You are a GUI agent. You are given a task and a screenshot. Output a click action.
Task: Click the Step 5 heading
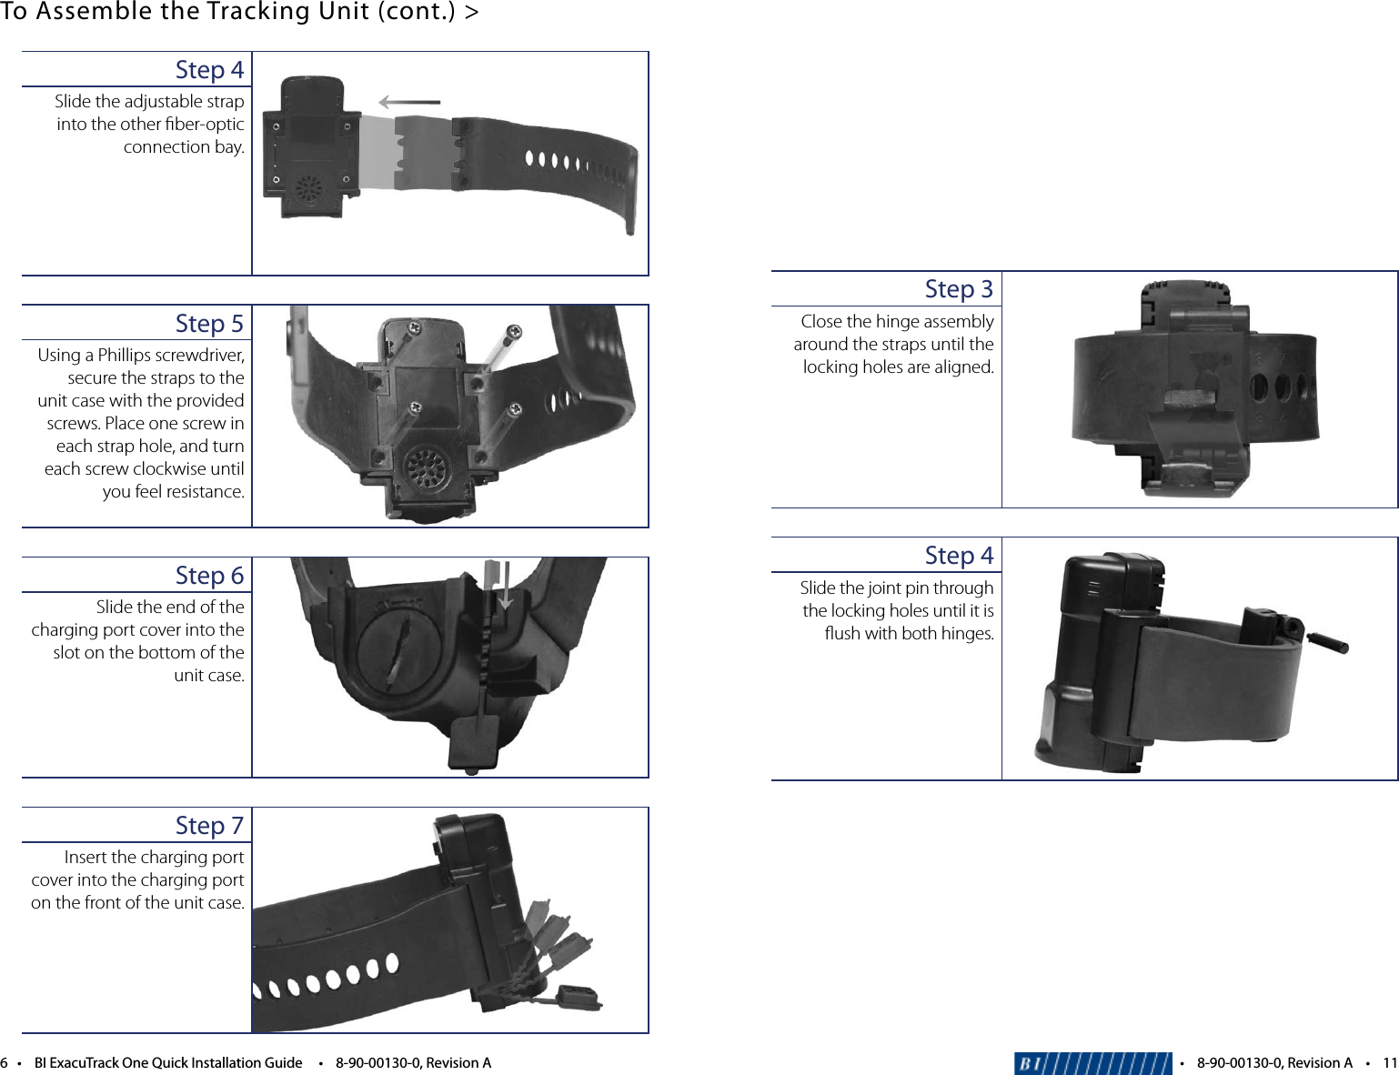209,324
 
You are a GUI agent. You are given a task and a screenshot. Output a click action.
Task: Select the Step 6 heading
209,576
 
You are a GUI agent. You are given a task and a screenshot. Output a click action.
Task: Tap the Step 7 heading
209,826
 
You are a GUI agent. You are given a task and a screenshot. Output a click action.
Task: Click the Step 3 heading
959,289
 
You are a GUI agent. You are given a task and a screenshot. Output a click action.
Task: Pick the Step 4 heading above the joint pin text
959,556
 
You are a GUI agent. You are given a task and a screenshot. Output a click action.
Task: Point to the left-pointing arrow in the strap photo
408,102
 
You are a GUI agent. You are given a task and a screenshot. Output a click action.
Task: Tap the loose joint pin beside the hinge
1327,640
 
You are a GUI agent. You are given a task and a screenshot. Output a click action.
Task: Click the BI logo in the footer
1092,1063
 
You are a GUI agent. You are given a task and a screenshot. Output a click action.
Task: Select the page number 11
1389,1063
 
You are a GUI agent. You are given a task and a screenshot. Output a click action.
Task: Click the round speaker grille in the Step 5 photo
426,468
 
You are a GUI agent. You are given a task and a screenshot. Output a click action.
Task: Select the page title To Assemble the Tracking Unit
239,12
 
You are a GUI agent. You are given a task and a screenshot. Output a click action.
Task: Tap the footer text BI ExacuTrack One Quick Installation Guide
167,1063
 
